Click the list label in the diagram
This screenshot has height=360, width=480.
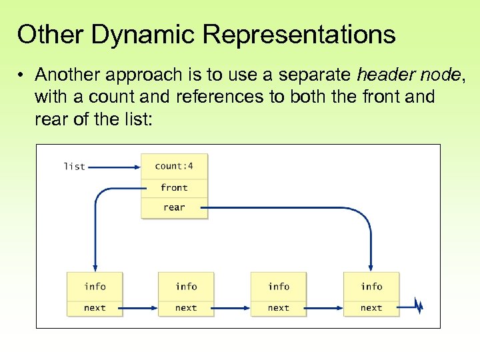point(74,166)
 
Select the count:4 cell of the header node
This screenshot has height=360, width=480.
point(174,166)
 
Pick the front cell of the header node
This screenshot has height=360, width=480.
point(174,188)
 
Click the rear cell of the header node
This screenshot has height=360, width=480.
point(174,207)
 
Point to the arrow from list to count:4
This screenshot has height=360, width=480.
point(113,166)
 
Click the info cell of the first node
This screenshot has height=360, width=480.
point(95,287)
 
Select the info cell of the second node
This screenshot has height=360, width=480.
point(186,287)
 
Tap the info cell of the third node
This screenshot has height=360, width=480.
point(279,287)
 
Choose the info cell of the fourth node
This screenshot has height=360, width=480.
point(371,287)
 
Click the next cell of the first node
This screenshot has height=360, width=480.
point(95,308)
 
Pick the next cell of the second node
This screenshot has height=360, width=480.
point(186,308)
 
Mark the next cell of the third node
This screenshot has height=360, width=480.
point(279,308)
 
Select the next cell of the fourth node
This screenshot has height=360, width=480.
point(371,308)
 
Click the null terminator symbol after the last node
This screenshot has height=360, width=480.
point(419,307)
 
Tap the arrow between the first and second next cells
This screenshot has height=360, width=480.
point(140,308)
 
